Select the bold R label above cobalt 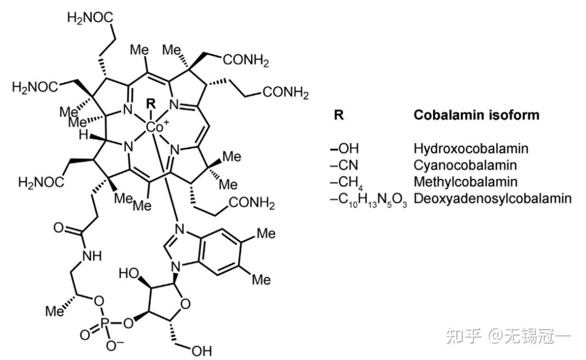(x=151, y=102)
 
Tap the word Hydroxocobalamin (x=470, y=149)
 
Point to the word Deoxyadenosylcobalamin (x=492, y=198)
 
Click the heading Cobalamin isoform (x=476, y=115)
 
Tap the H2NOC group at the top (x=91, y=18)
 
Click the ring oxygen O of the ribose (x=186, y=304)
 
